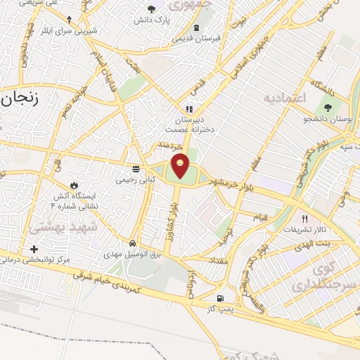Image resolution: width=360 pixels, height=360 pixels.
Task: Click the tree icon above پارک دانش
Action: pyautogui.click(x=151, y=9)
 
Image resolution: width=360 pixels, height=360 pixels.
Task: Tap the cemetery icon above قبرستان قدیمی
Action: pyautogui.click(x=197, y=29)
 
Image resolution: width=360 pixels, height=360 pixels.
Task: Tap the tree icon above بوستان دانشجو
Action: pyautogui.click(x=328, y=108)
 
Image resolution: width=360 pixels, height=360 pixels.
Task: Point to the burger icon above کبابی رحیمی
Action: pyautogui.click(x=136, y=169)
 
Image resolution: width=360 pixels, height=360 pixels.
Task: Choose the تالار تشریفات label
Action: pyautogui.click(x=304, y=229)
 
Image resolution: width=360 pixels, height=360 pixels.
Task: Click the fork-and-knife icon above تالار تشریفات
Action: pyautogui.click(x=304, y=218)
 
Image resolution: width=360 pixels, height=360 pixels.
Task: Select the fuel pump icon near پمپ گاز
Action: pyautogui.click(x=221, y=297)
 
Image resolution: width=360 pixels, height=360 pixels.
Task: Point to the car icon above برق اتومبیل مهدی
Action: pyautogui.click(x=132, y=243)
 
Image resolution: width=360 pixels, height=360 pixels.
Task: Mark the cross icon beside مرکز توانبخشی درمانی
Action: pyautogui.click(x=34, y=249)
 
